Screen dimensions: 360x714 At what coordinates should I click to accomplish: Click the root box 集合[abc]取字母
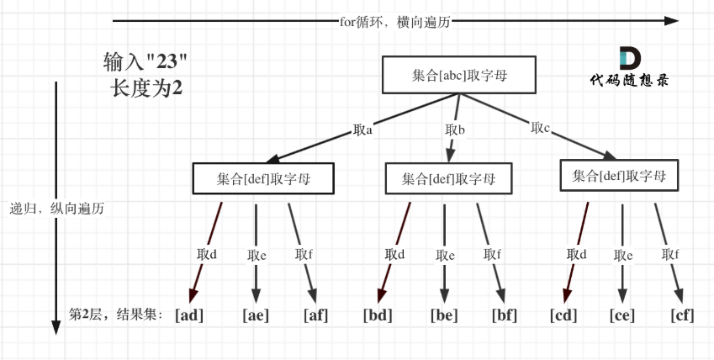click(x=459, y=76)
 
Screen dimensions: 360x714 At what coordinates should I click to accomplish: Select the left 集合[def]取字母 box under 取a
click(x=263, y=178)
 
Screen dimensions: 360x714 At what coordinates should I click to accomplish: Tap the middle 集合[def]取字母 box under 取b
click(x=447, y=178)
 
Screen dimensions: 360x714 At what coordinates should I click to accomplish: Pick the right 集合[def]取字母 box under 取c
click(x=618, y=176)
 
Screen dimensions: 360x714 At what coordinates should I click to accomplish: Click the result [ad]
click(x=189, y=315)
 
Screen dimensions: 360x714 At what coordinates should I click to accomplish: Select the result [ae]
click(x=255, y=315)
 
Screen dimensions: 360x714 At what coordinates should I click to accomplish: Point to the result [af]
click(x=315, y=315)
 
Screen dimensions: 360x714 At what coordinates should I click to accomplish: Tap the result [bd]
click(x=378, y=315)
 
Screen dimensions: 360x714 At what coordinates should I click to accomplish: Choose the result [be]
click(x=444, y=315)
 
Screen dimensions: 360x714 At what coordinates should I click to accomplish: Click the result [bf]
click(x=505, y=315)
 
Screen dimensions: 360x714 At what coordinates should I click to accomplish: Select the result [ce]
click(x=622, y=315)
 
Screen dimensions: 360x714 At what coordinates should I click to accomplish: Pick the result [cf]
click(x=682, y=315)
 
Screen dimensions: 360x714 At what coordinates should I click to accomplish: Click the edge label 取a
click(x=363, y=130)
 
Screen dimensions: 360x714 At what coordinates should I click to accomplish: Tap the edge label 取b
click(x=455, y=130)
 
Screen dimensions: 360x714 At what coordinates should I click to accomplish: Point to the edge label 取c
click(x=541, y=128)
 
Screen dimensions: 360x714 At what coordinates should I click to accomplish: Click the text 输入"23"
click(x=145, y=62)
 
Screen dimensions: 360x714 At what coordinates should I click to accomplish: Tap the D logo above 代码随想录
click(x=629, y=58)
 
